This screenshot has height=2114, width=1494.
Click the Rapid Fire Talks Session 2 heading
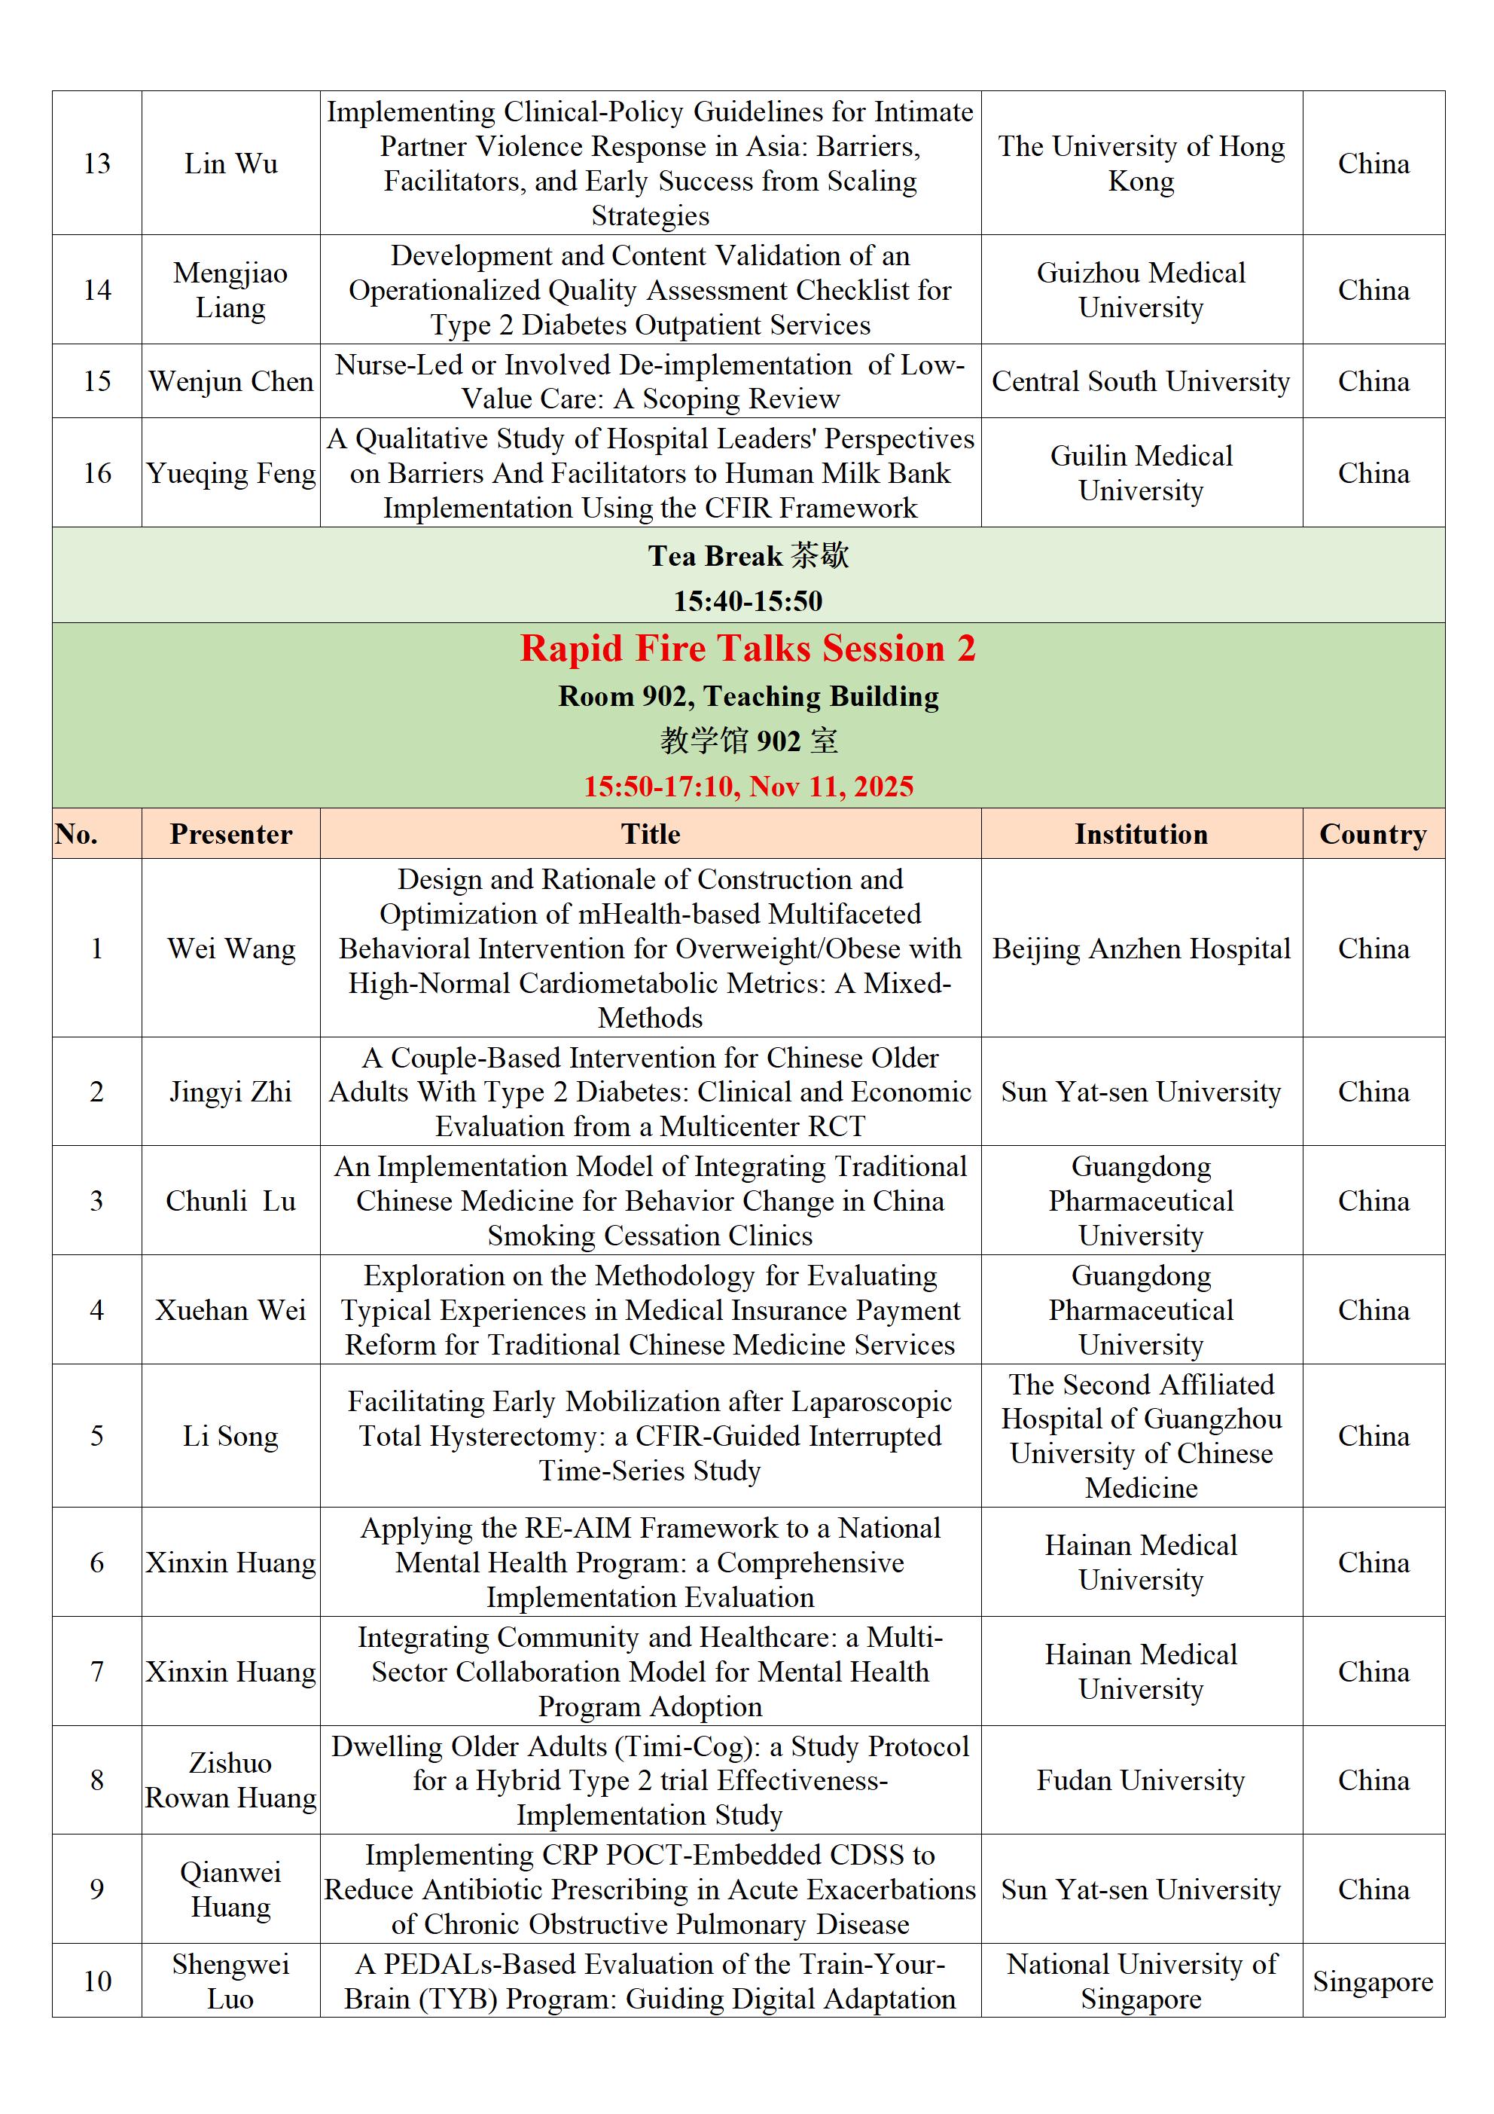pos(748,649)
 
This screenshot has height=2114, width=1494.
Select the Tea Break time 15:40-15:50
pos(748,601)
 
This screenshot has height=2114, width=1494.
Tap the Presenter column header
pos(231,834)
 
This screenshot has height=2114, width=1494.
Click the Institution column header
pos(1141,834)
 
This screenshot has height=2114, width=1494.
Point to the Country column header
pos(1373,834)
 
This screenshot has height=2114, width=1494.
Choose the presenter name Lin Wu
pos(231,164)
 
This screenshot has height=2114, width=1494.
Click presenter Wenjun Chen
pos(231,381)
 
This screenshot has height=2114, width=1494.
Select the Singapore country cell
pos(1373,1981)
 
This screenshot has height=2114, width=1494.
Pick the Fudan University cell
pos(1141,1781)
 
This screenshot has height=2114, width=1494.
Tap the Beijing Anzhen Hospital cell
pos(1141,949)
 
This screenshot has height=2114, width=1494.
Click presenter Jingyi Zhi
pos(231,1092)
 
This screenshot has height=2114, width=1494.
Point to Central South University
pos(1141,381)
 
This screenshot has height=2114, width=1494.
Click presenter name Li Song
pos(231,1437)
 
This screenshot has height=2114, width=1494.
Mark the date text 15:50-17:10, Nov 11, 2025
pos(748,787)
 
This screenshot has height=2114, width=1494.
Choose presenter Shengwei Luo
pos(231,1981)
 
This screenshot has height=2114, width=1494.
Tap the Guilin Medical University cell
pos(1141,473)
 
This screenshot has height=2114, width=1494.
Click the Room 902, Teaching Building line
pos(748,697)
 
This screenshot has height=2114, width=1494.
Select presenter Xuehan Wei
pos(231,1310)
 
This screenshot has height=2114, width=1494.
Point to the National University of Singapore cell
pos(1141,1981)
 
